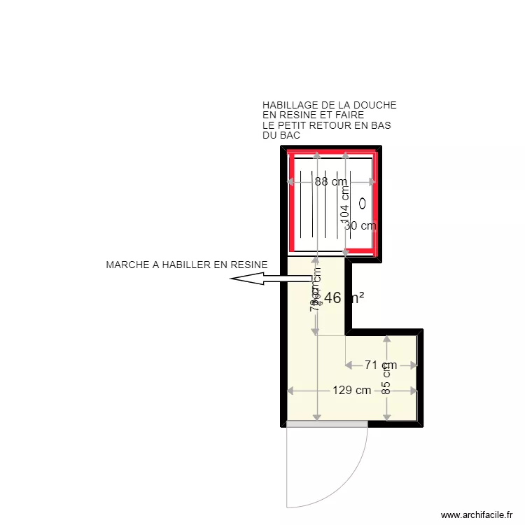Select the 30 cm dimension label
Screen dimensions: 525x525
click(361, 225)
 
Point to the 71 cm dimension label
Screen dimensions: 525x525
click(381, 365)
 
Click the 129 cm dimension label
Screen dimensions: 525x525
click(351, 391)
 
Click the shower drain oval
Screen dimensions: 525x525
click(363, 203)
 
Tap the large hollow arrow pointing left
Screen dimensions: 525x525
click(269, 279)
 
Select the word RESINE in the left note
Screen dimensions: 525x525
click(251, 265)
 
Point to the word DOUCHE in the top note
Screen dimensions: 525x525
click(377, 105)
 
